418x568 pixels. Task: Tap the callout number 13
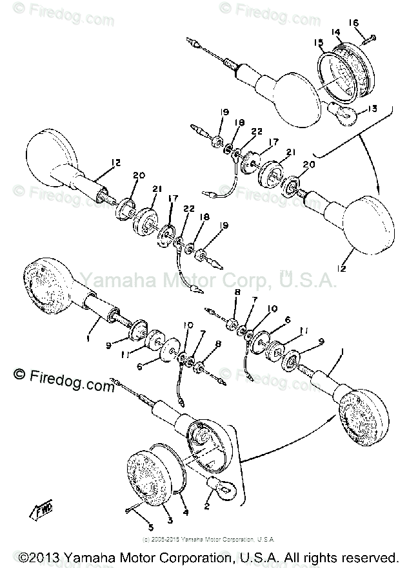coord(372,109)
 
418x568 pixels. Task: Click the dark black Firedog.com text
coord(63,379)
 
